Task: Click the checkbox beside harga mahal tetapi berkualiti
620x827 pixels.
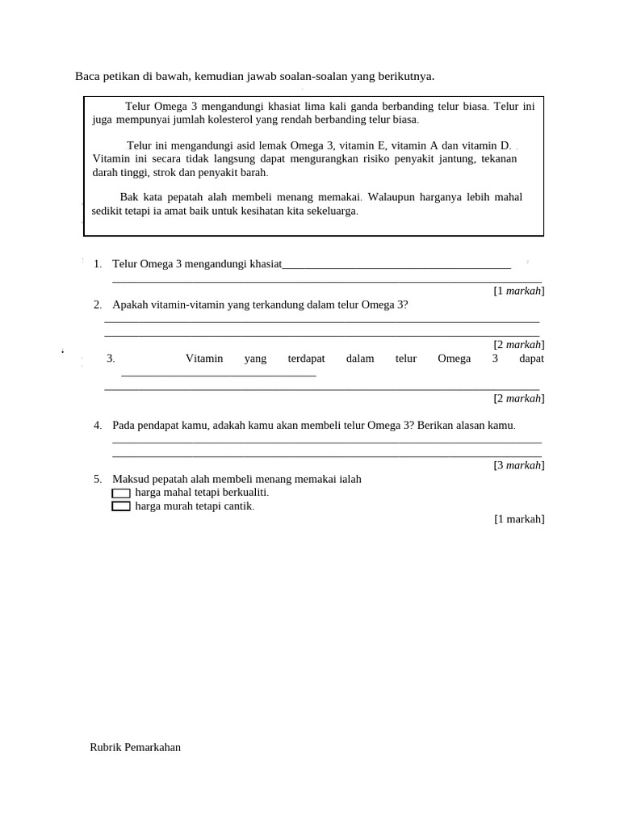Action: click(x=120, y=493)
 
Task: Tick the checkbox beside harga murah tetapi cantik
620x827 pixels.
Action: click(x=120, y=506)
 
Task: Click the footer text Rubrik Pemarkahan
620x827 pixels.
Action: click(x=135, y=747)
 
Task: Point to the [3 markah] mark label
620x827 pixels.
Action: click(x=519, y=465)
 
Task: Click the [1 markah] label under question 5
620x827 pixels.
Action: click(x=519, y=519)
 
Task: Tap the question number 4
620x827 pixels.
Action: click(x=97, y=426)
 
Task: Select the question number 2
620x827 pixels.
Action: click(x=97, y=304)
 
